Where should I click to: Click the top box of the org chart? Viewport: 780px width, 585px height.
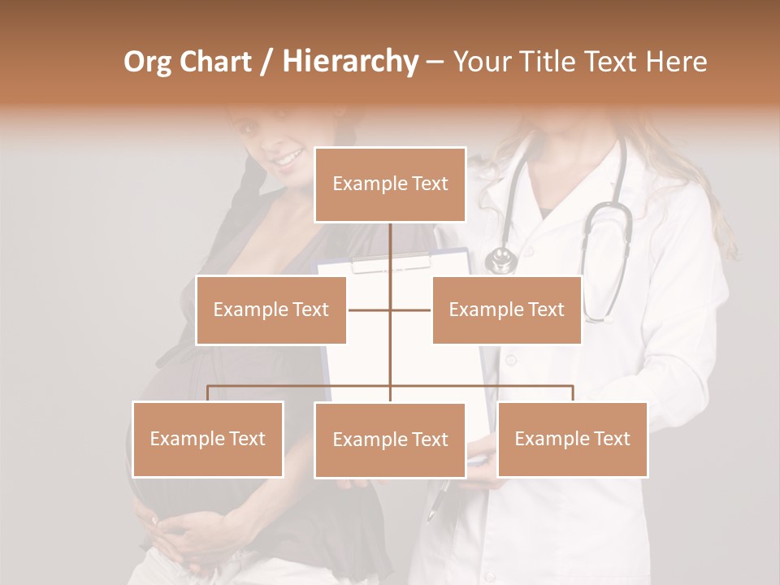click(390, 184)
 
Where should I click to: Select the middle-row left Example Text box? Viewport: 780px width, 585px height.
click(271, 310)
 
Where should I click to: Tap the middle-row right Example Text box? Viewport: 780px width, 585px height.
click(506, 310)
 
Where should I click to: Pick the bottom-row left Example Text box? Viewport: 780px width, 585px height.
click(208, 439)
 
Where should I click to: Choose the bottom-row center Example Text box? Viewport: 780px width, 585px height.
click(390, 440)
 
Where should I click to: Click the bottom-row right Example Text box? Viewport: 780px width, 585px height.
click(572, 439)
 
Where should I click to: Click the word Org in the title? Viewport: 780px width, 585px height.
click(147, 62)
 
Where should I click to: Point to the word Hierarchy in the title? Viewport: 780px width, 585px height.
click(349, 62)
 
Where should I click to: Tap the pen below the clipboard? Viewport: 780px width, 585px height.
click(440, 500)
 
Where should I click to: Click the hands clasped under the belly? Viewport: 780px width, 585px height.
click(175, 536)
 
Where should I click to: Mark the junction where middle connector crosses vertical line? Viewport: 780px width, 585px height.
click(390, 310)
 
